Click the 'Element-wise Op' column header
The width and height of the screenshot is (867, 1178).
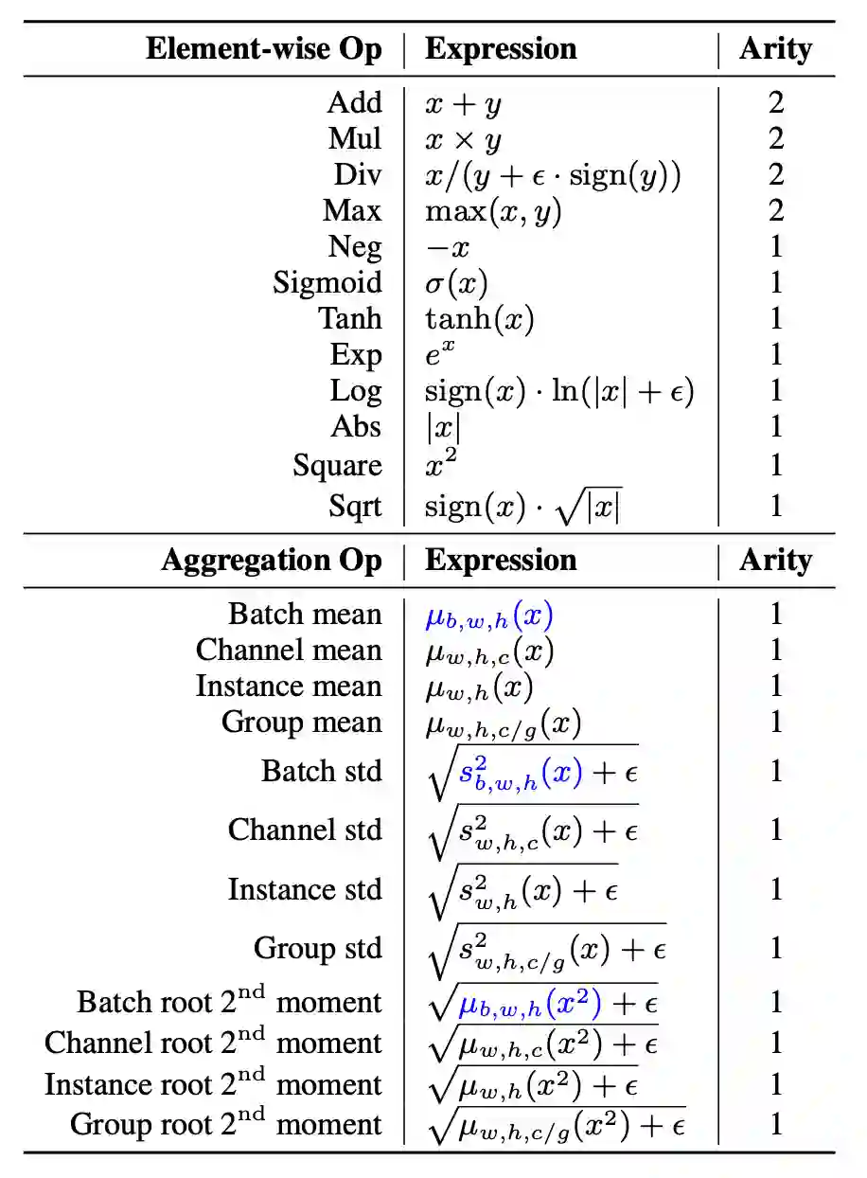pyautogui.click(x=263, y=49)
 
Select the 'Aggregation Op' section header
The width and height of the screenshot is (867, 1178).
pyautogui.click(x=271, y=561)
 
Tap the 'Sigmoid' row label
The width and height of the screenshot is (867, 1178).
pyautogui.click(x=327, y=282)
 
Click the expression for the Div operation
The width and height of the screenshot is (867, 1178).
pyautogui.click(x=553, y=175)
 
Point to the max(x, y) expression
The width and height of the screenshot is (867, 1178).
pyautogui.click(x=493, y=211)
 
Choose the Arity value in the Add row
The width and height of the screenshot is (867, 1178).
pyautogui.click(x=776, y=102)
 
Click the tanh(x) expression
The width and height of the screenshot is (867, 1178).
pyautogui.click(x=479, y=319)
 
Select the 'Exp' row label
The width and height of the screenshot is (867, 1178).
pyautogui.click(x=355, y=355)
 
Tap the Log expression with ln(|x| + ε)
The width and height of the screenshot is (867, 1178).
pyautogui.click(x=559, y=391)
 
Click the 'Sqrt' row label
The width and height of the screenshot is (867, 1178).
pyautogui.click(x=355, y=506)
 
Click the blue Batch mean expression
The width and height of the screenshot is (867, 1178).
pyautogui.click(x=488, y=616)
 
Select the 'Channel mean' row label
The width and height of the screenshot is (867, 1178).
pyautogui.click(x=289, y=651)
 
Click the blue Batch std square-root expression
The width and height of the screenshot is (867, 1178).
pyautogui.click(x=534, y=772)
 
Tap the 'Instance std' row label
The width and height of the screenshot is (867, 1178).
pyautogui.click(x=305, y=889)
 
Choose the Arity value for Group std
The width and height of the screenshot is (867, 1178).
pyautogui.click(x=776, y=948)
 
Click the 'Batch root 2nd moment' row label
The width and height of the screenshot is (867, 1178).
pyautogui.click(x=229, y=1002)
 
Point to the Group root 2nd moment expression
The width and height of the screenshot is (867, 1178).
pyautogui.click(x=557, y=1125)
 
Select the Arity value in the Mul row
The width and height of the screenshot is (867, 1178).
pyautogui.click(x=776, y=138)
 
